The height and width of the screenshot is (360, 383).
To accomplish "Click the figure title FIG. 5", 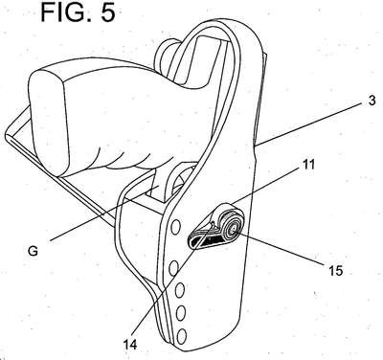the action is pyautogui.click(x=79, y=11).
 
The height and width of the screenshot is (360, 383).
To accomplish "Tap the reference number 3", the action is pyautogui.click(x=372, y=100).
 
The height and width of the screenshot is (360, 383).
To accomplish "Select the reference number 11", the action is pyautogui.click(x=306, y=165).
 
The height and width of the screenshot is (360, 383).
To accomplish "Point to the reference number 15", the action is pyautogui.click(x=335, y=271).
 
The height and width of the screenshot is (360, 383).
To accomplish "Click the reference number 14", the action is pyautogui.click(x=130, y=345).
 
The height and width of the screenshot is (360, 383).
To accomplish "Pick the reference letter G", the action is pyautogui.click(x=33, y=251).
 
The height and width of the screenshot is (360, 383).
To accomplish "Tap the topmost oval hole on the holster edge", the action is pyautogui.click(x=175, y=227).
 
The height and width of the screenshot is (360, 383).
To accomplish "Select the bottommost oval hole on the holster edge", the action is pyautogui.click(x=182, y=336).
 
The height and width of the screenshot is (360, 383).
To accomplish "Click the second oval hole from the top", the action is pyautogui.click(x=173, y=267).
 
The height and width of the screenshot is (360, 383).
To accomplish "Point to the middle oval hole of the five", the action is pyautogui.click(x=179, y=290).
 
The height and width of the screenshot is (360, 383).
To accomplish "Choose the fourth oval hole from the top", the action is pyautogui.click(x=181, y=313).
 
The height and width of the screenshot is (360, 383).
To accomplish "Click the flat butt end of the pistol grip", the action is pyautogui.click(x=49, y=123).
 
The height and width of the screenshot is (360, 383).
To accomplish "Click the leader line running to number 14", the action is pyautogui.click(x=172, y=280).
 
